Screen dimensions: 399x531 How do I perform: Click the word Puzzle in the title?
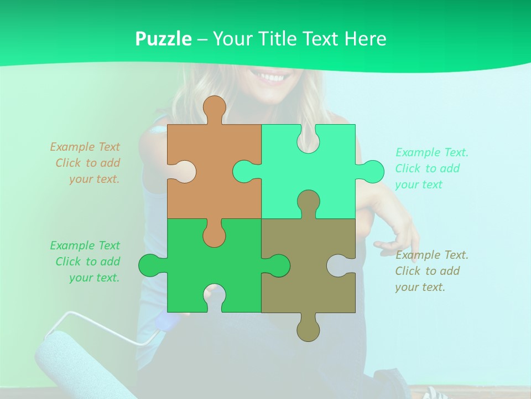(164, 39)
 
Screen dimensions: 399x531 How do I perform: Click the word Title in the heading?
(275, 39)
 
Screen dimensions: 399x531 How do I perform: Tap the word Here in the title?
(365, 39)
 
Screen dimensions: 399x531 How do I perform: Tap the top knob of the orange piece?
(214, 108)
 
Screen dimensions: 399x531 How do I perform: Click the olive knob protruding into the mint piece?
(308, 202)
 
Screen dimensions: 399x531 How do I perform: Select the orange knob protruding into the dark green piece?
(214, 234)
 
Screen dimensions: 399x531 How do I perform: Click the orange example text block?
(86, 163)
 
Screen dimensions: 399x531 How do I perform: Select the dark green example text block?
(86, 262)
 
